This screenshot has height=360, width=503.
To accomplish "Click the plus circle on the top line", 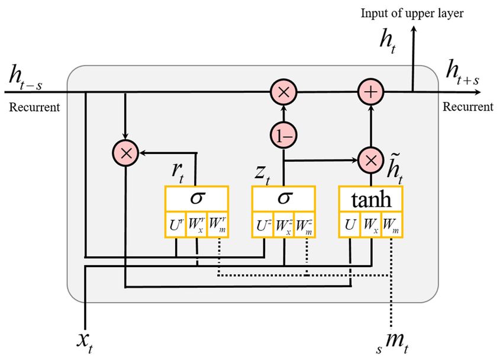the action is pos(371,92).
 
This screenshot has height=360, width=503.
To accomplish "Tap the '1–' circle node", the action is pos(283,135).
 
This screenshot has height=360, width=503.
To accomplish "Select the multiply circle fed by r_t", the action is pos(125,153).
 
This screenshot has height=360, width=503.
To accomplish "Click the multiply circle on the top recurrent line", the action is pos(283,92).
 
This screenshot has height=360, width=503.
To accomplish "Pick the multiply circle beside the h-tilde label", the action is pos(371,160).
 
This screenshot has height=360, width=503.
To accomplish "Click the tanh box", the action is pos(371,199).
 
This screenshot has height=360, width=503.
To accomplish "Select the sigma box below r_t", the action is pos(196,199).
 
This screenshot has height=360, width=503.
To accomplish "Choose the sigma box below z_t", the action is pos(284,199).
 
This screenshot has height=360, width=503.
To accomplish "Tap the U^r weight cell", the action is pos(176,224).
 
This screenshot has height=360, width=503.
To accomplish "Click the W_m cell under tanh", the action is pos(391,224).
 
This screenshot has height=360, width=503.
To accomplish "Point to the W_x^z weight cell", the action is pos(284,224).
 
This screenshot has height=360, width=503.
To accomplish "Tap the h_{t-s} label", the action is pos(25,76).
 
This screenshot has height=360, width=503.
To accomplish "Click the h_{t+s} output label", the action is pos(462,72).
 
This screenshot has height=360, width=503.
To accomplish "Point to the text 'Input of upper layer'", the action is pos(412,14).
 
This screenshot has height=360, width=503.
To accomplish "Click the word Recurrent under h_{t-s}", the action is pos(34,107).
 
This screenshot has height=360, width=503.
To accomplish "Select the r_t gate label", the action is pos(178,173).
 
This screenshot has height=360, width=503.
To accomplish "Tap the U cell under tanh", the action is pos(350,224).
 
